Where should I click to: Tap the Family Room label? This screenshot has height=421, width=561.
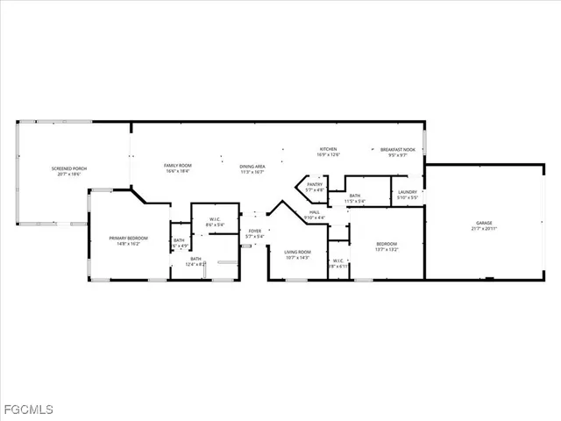click(x=178, y=166)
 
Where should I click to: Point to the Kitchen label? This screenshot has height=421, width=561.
click(x=329, y=149)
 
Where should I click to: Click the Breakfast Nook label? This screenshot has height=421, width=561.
click(x=397, y=150)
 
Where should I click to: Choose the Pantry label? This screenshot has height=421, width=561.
click(x=315, y=184)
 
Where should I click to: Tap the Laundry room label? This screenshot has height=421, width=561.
click(x=407, y=192)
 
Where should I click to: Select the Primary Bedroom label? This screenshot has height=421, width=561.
click(x=128, y=238)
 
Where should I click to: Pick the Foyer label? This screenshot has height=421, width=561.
click(x=254, y=231)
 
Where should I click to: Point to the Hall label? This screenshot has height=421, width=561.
click(x=314, y=212)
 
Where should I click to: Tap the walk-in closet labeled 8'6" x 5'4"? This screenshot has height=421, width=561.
click(x=214, y=219)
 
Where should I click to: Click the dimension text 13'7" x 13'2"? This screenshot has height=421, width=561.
click(x=387, y=249)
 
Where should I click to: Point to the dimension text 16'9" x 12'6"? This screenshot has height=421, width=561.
click(x=329, y=154)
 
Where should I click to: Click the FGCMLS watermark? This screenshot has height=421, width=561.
click(x=28, y=410)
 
